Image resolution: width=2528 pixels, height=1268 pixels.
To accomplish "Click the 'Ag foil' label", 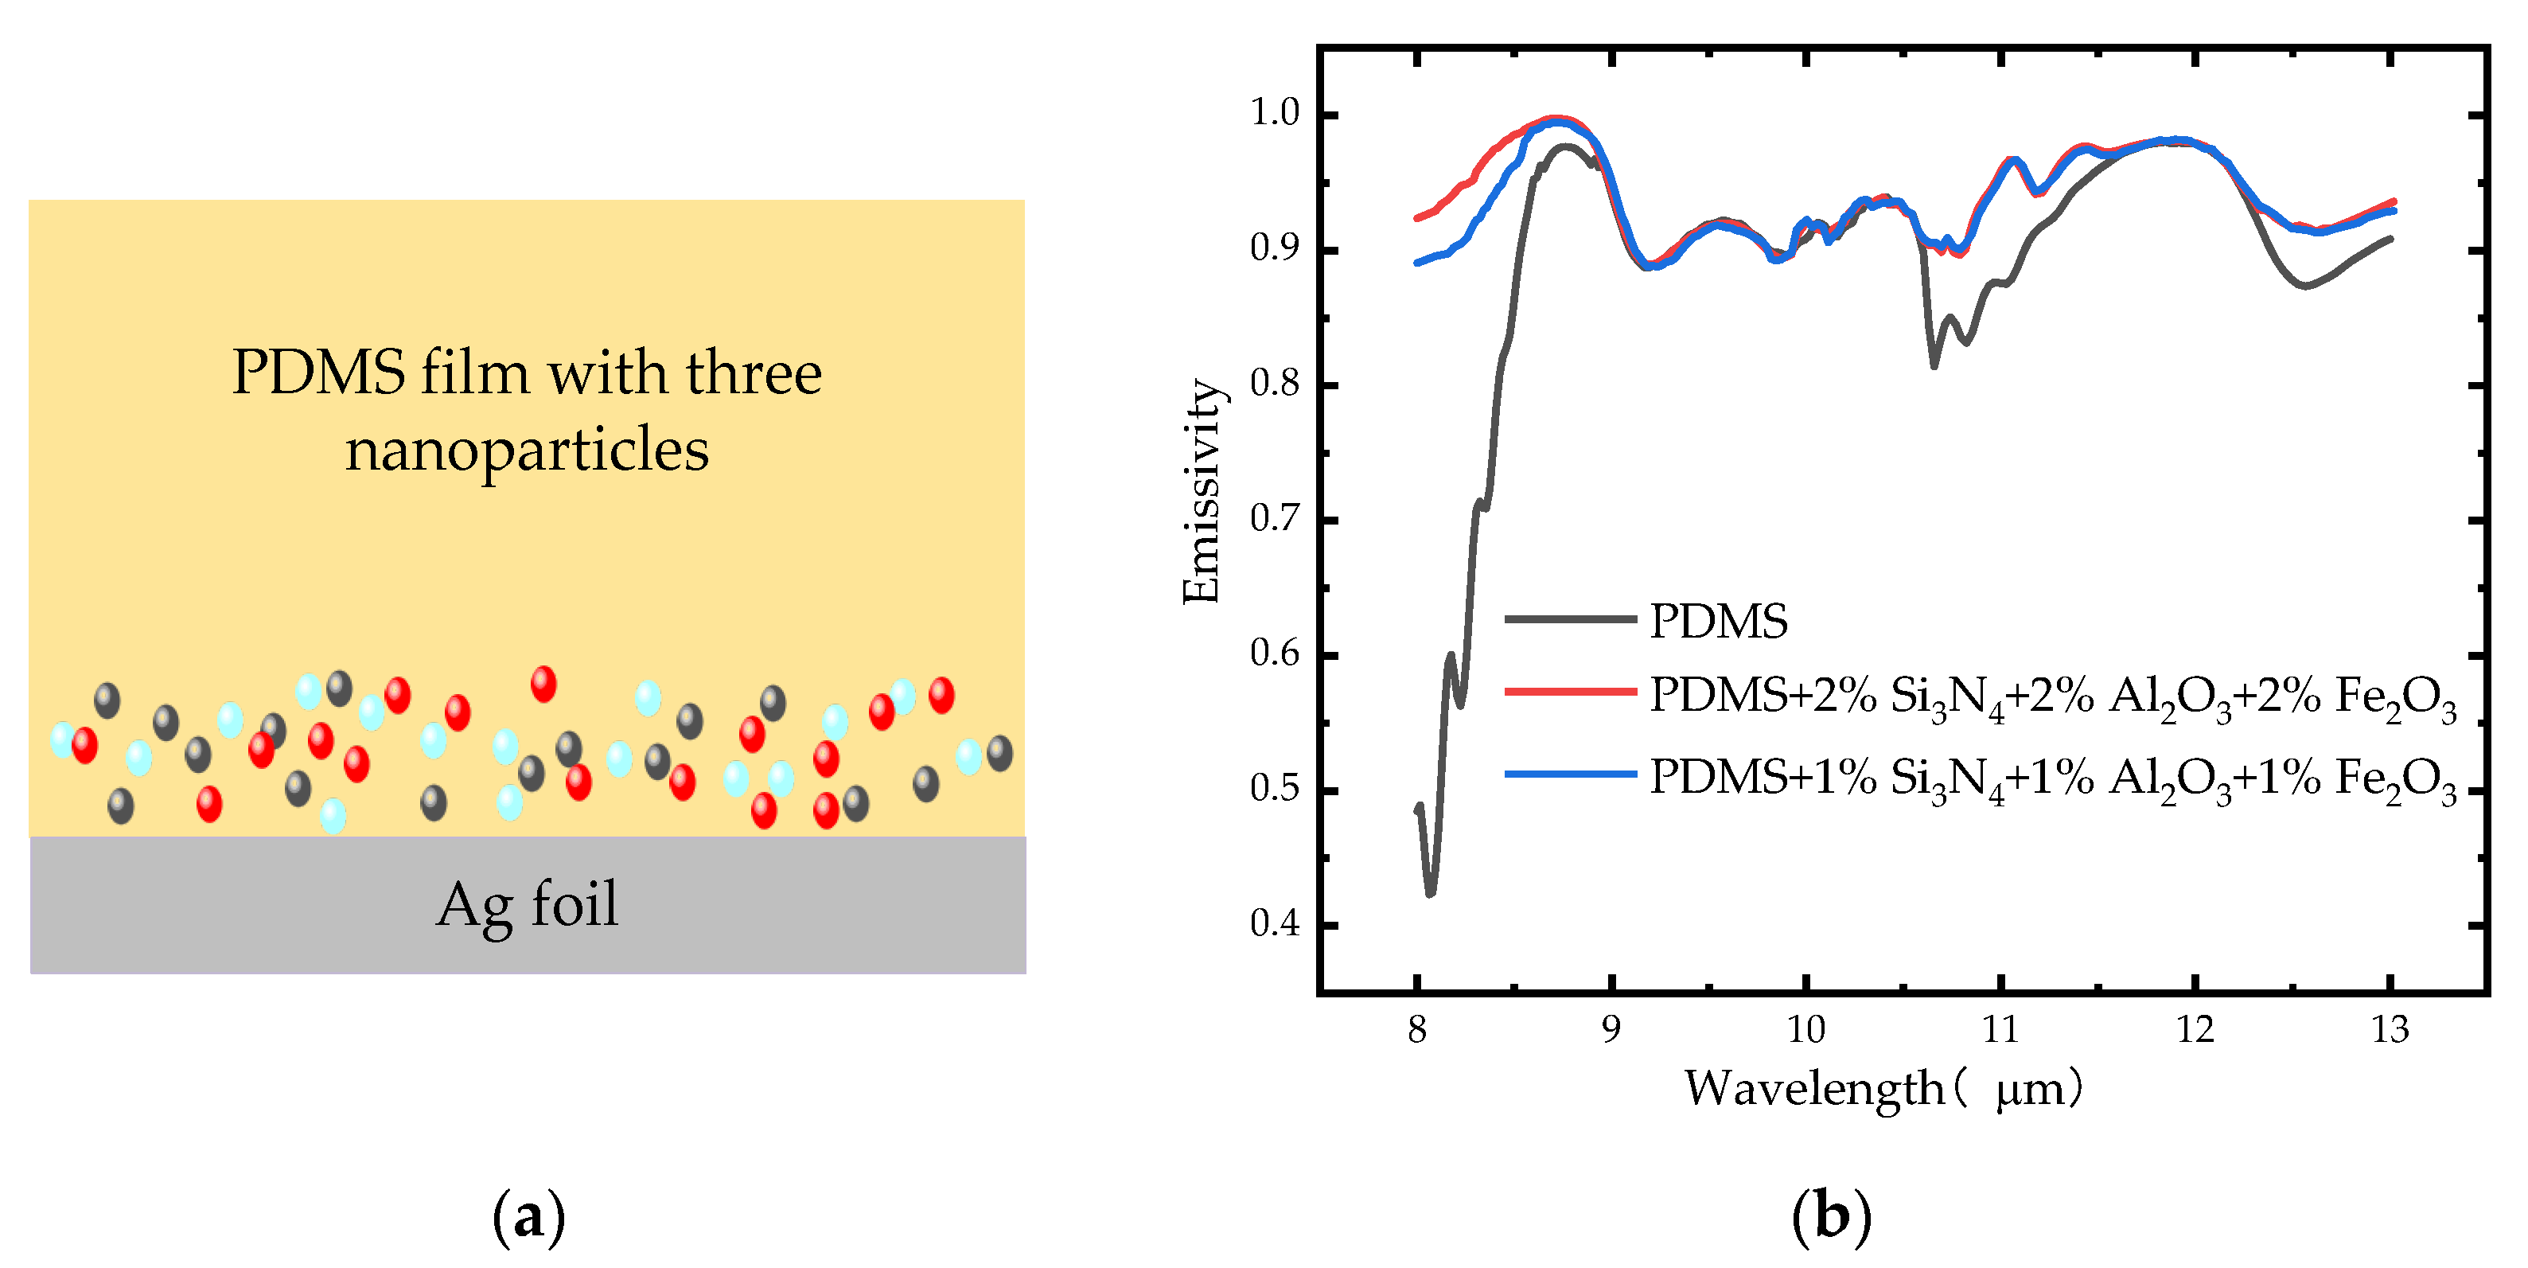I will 527,905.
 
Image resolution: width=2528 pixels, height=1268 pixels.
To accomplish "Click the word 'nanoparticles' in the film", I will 527,450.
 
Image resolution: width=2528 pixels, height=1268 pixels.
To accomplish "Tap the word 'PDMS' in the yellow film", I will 318,373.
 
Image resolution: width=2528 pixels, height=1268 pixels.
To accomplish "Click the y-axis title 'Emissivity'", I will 1202,490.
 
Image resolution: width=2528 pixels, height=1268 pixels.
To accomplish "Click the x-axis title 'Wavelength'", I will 1813,1087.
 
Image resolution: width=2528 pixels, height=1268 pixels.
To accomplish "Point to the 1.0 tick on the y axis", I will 1274,113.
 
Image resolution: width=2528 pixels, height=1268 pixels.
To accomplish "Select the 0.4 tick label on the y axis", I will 1274,923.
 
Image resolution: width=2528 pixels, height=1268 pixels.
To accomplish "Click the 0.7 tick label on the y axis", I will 1274,518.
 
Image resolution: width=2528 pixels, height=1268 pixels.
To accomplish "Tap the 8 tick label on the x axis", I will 1416,1029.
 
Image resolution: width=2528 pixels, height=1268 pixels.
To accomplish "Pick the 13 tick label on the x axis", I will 2389,1029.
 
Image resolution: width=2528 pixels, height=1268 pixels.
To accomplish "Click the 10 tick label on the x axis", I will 1805,1029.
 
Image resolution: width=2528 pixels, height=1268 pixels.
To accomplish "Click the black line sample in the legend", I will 1570,619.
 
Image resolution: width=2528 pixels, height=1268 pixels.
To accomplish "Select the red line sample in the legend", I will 1570,692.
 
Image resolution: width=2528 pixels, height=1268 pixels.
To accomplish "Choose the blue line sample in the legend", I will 1570,774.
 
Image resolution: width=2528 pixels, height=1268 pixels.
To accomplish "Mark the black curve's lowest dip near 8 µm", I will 1430,892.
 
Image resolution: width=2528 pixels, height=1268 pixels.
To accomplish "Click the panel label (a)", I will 528,1217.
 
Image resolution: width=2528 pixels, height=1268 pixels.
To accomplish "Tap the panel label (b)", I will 1831,1217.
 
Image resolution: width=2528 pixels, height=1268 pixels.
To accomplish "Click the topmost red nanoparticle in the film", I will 543,684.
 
